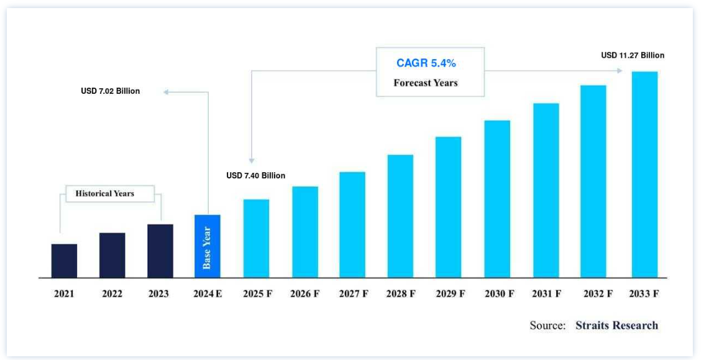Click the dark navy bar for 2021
tap(64, 261)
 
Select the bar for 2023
tap(160, 251)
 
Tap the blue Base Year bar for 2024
tap(208, 246)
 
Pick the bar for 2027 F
tap(352, 224)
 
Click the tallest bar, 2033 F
tap(644, 174)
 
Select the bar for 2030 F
tap(497, 198)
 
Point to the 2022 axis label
tap(112, 294)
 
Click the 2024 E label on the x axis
tap(208, 294)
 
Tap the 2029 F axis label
tap(449, 294)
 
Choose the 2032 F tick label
tap(595, 294)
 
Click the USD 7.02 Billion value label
tap(111, 91)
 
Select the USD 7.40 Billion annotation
tap(256, 176)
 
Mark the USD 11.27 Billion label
tap(633, 55)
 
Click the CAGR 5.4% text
tap(430, 63)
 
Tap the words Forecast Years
tap(426, 83)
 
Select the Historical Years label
tap(105, 193)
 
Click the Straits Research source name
tap(616, 325)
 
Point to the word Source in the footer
tap(547, 325)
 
